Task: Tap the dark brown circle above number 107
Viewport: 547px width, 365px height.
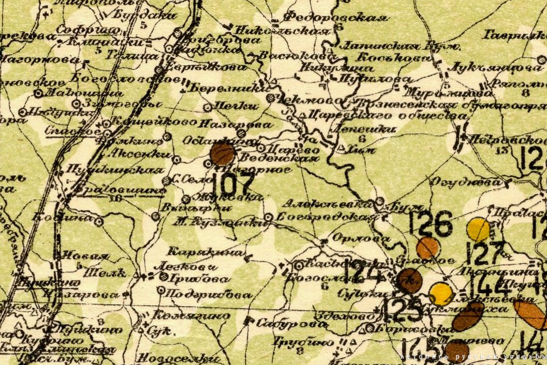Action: (x=222, y=154)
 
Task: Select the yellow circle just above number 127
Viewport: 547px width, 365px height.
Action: (x=478, y=230)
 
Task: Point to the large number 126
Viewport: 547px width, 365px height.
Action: (x=431, y=224)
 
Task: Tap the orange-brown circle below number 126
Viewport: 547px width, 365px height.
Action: (x=428, y=247)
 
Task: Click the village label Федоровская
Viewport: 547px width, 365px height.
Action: (x=335, y=18)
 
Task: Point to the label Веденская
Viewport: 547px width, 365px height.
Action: (x=279, y=158)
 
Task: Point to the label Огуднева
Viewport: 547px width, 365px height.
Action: (x=466, y=183)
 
